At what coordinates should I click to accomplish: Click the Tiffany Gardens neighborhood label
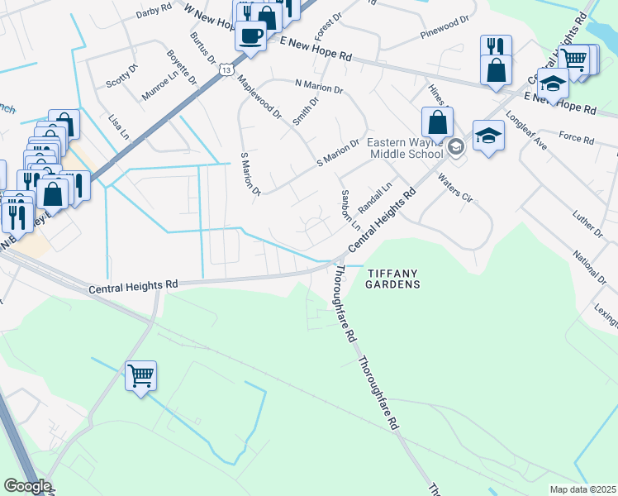[x=393, y=279]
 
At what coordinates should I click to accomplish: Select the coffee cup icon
[x=250, y=37]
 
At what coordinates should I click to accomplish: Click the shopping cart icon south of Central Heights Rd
[x=140, y=376]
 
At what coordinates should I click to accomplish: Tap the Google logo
[x=26, y=486]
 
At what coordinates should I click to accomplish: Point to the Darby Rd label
[x=154, y=10]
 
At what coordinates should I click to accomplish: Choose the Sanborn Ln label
[x=350, y=210]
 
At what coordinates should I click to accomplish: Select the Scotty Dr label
[x=121, y=76]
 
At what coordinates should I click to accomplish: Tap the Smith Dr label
[x=305, y=112]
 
